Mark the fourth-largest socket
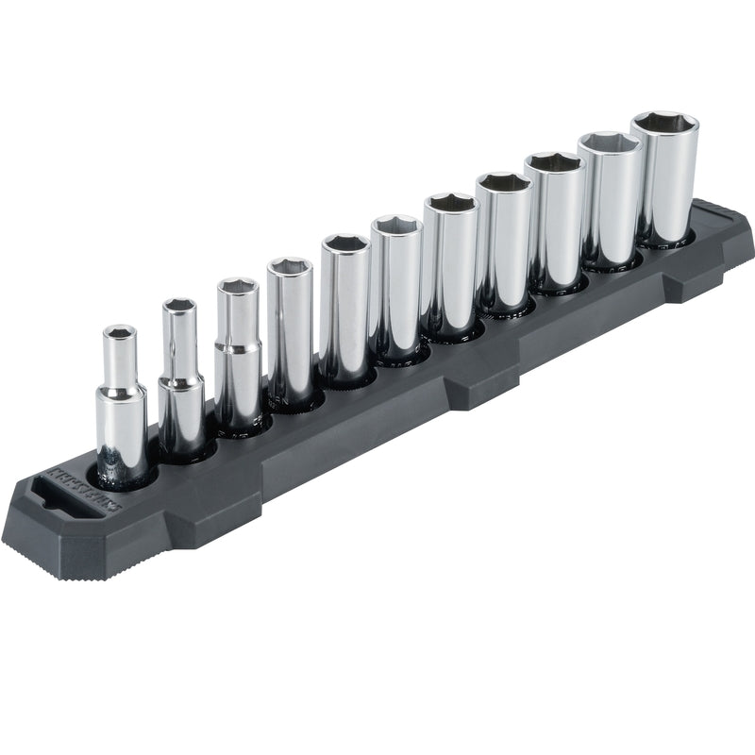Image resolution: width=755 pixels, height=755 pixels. [x=503, y=243]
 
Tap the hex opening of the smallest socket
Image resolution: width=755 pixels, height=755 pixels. [x=119, y=332]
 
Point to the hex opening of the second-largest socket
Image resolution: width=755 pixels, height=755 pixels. [x=610, y=144]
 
